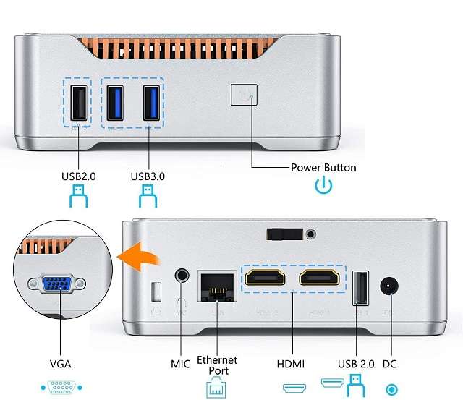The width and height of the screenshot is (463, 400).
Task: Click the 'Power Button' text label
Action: pos(323,167)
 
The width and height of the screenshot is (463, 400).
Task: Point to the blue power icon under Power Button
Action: pos(323,186)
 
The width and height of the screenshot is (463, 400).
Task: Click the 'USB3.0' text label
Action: pos(148,176)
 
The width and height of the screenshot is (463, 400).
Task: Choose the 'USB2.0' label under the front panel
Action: pos(79,176)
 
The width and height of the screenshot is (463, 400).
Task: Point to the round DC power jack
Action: pos(391,286)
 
